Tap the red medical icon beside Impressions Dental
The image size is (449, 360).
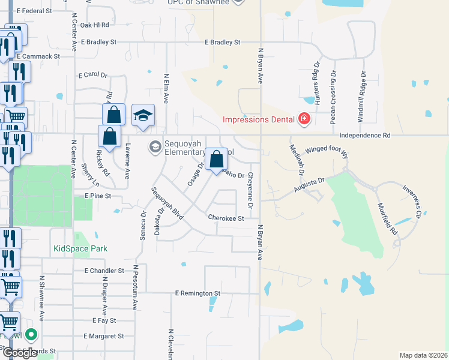[x=304, y=119]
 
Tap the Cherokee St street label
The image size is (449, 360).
[x=226, y=218]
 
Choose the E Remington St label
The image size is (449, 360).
[x=198, y=293]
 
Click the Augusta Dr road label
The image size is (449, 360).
[x=309, y=185]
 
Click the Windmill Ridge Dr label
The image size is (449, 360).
[x=362, y=97]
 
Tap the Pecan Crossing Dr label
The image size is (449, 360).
[x=333, y=97]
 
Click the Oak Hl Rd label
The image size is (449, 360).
[x=94, y=25]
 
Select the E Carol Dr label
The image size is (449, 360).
[x=92, y=76]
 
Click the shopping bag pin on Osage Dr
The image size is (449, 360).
[x=217, y=160]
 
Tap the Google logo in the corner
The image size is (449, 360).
[x=20, y=353]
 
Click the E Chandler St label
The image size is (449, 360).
[x=104, y=271]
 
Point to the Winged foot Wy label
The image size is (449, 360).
[x=327, y=150]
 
